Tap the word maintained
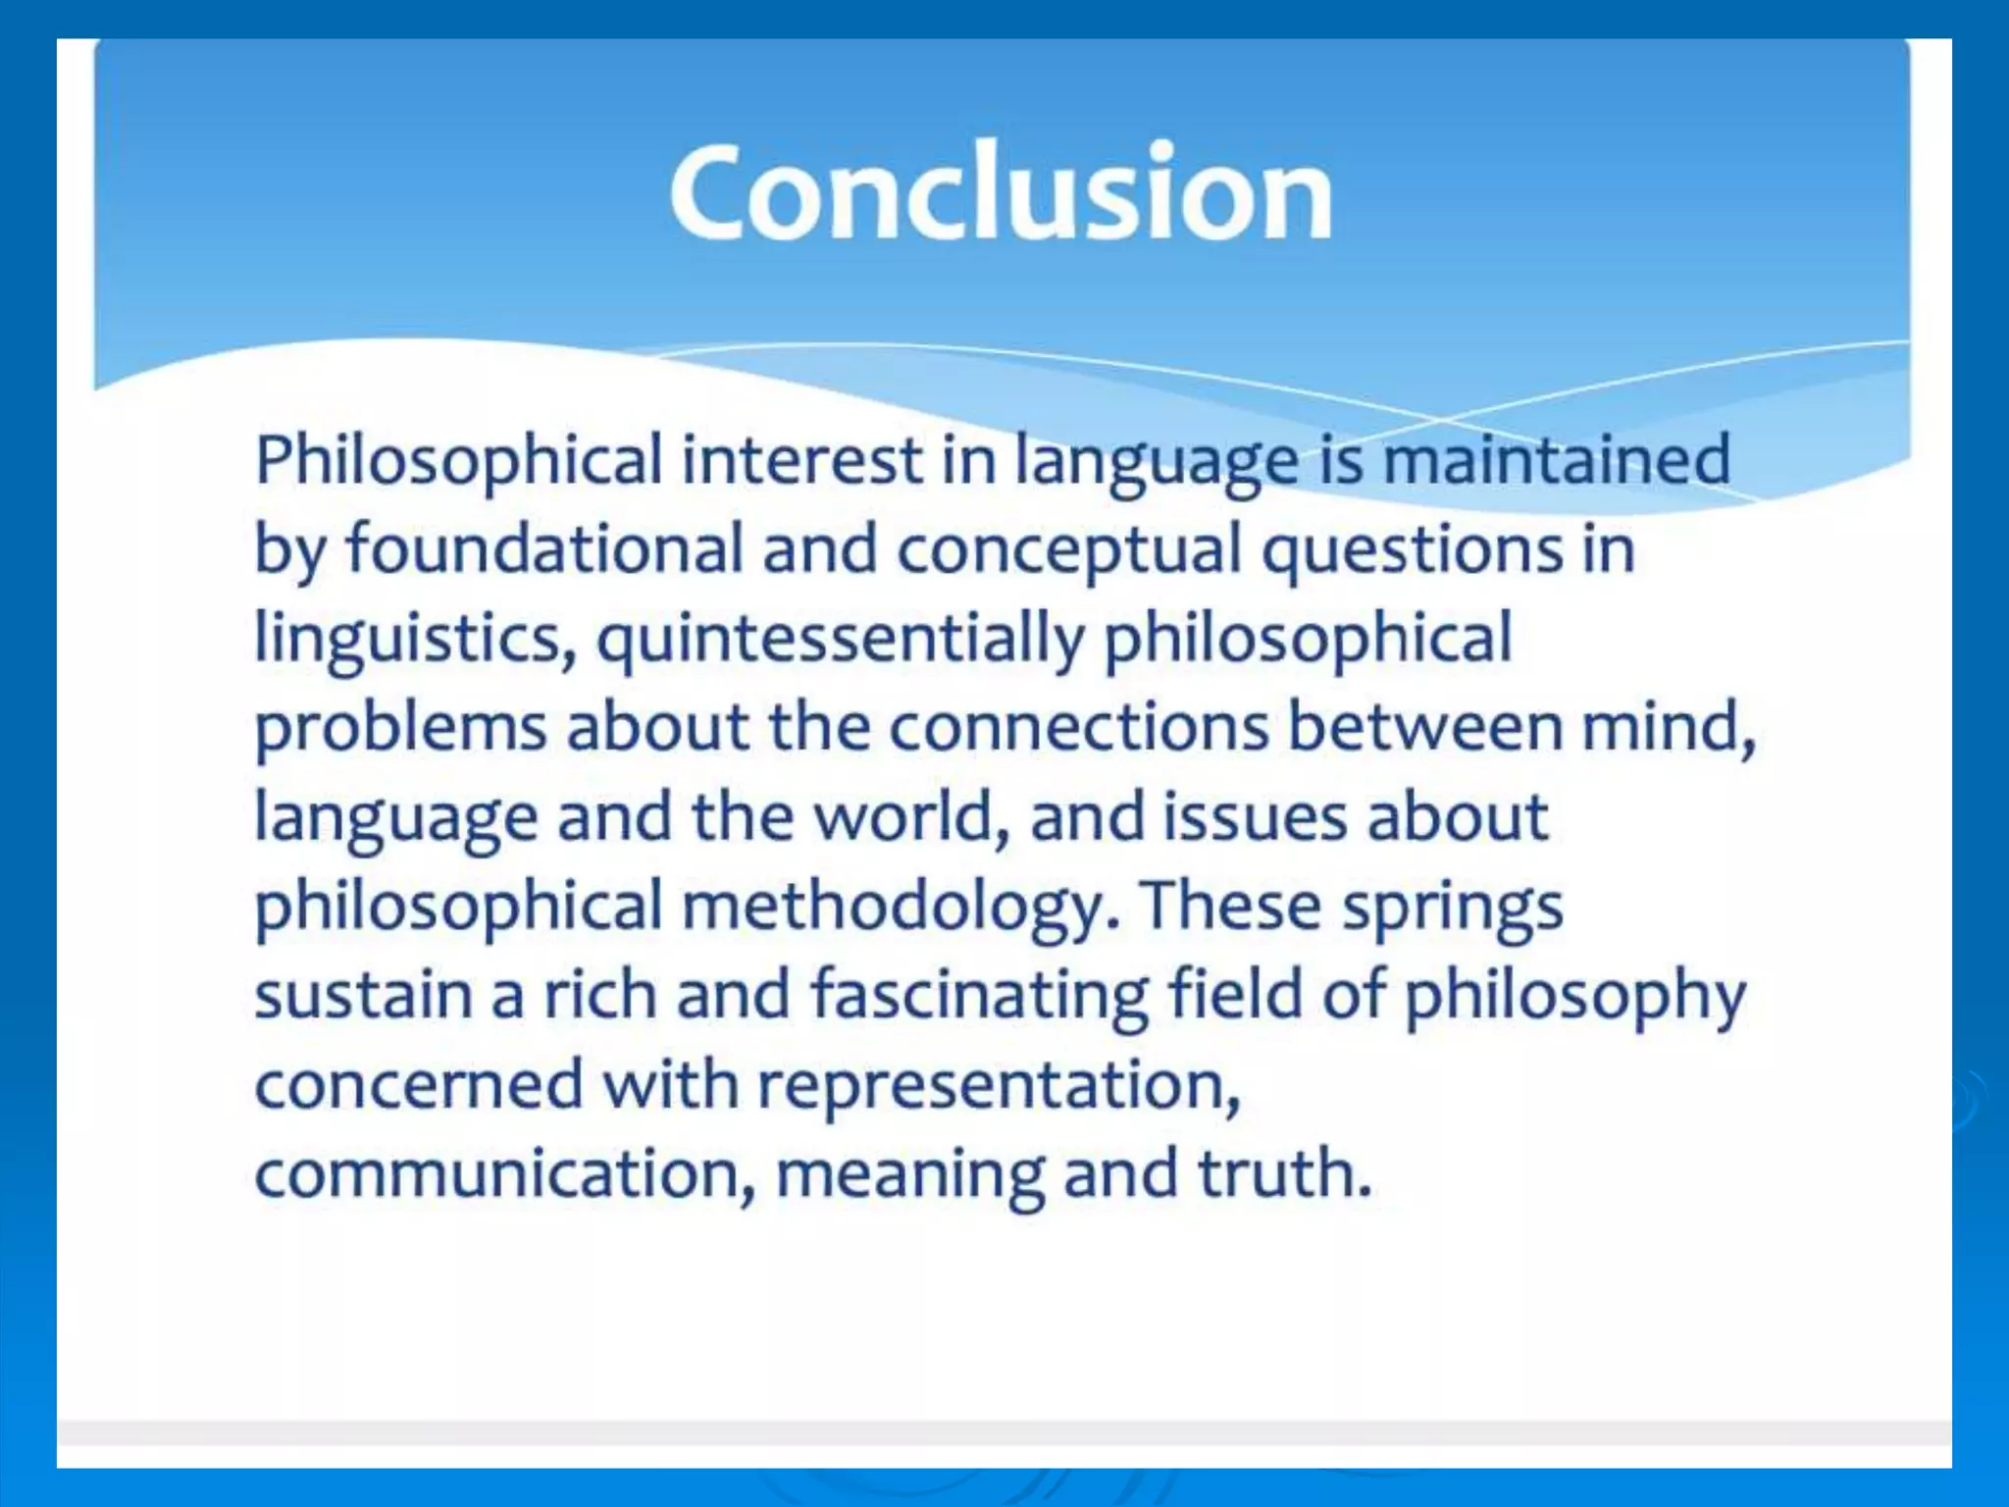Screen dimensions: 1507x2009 pyautogui.click(x=1556, y=459)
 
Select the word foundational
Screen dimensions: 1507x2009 pyautogui.click(x=544, y=548)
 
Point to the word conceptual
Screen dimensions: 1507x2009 pyautogui.click(x=1069, y=550)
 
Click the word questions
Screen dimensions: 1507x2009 pyautogui.click(x=1412, y=550)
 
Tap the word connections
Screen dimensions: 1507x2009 pyautogui.click(x=1079, y=727)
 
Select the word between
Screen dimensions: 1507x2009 pyautogui.click(x=1424, y=727)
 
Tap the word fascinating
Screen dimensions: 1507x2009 pyautogui.click(x=980, y=995)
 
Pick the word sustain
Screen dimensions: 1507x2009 pyautogui.click(x=363, y=995)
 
